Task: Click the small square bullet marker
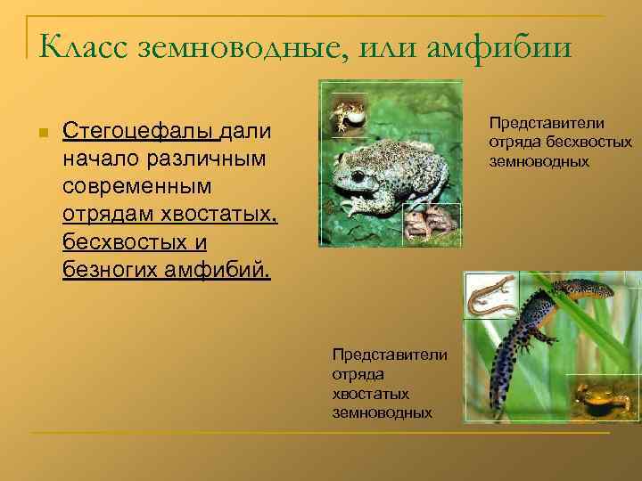(41, 134)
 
